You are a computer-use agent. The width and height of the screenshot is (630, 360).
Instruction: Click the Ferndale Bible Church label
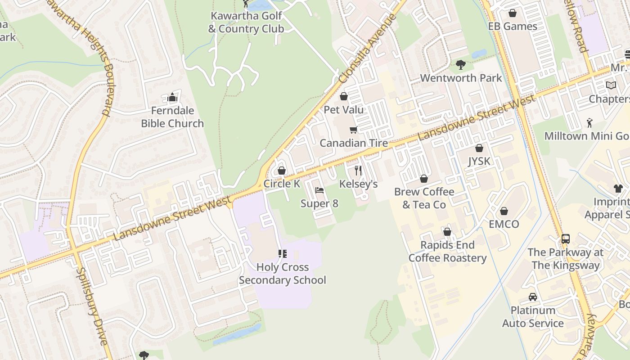(172, 117)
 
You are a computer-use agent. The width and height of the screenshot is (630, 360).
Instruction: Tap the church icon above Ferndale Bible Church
(172, 97)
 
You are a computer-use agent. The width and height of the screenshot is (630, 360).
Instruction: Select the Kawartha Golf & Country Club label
(246, 22)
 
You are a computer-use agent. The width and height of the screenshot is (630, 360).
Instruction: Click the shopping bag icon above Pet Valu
(344, 96)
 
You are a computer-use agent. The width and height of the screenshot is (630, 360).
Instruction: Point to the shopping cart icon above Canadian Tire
(353, 130)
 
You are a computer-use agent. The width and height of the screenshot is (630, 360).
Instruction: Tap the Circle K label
(282, 184)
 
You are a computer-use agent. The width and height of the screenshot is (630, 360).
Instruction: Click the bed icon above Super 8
(319, 190)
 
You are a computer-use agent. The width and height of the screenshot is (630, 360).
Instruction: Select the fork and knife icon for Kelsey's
(358, 171)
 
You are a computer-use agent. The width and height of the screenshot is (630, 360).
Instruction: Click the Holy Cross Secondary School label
(282, 274)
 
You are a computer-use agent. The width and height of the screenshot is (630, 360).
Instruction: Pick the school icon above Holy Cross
(283, 254)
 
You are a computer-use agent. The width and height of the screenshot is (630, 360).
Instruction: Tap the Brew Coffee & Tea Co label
(424, 198)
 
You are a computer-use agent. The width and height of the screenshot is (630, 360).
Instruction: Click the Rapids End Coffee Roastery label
(447, 252)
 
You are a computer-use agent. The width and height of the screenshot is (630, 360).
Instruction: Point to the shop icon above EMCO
(504, 211)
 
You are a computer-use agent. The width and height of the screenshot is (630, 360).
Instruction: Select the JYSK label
(479, 161)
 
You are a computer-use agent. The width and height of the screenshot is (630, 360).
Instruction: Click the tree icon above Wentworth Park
(461, 65)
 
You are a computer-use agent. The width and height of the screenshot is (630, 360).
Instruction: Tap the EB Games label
(513, 26)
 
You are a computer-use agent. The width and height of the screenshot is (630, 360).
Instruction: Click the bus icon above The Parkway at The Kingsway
(566, 239)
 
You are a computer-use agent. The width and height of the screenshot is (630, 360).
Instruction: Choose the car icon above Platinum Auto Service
(533, 297)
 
